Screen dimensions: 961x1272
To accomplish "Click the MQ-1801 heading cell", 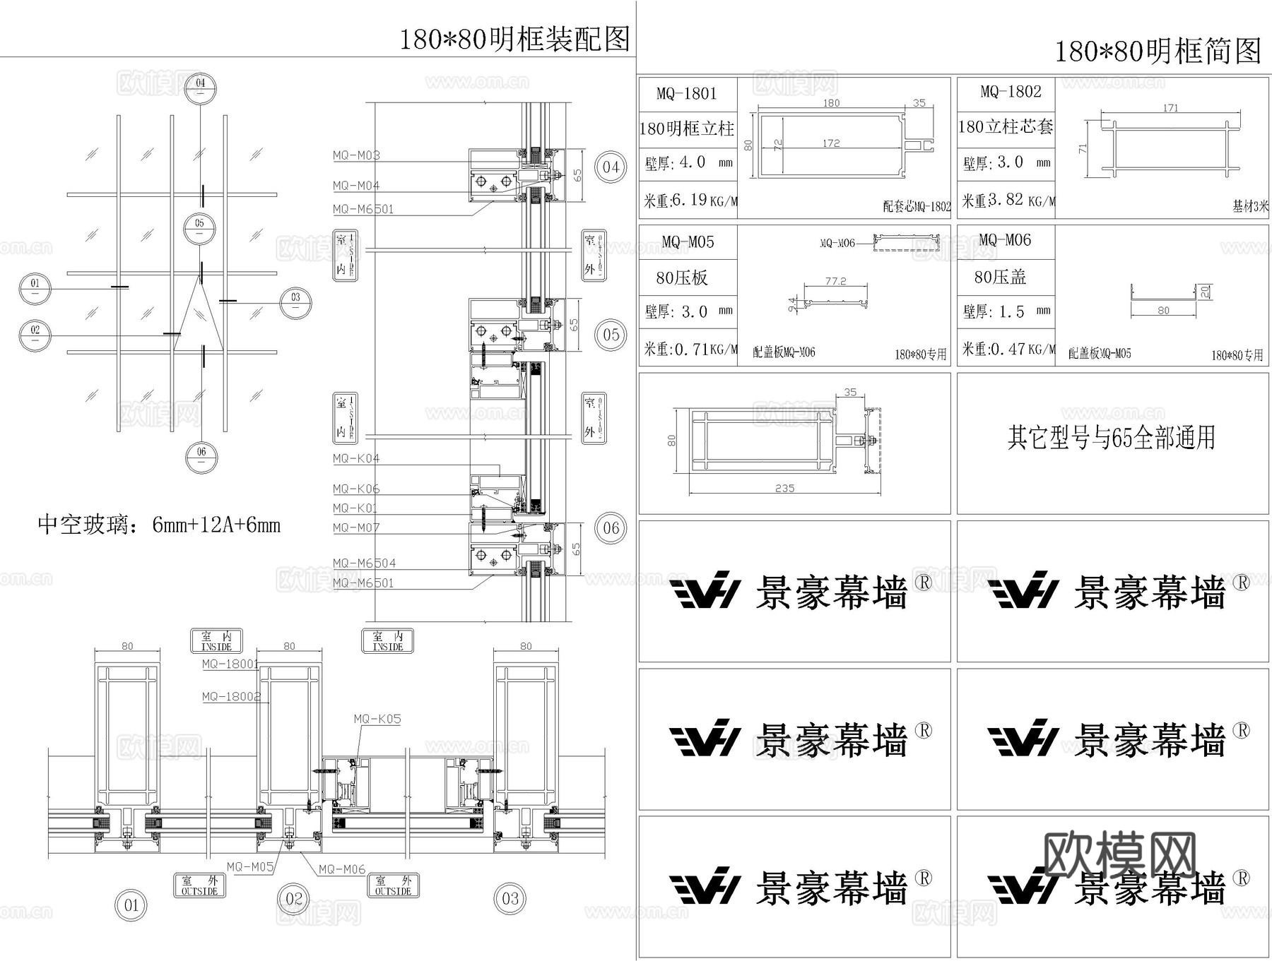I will click(687, 94).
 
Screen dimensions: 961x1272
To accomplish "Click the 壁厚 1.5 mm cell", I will click(1006, 311).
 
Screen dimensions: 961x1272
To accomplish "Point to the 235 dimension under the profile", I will click(784, 489).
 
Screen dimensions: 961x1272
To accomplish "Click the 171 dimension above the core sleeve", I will click(1170, 108).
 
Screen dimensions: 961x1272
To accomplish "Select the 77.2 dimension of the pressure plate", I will click(835, 281).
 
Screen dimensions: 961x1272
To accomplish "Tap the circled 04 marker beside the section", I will click(611, 167).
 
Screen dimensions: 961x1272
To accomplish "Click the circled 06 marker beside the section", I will click(611, 527).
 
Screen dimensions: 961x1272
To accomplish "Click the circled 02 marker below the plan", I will click(294, 899).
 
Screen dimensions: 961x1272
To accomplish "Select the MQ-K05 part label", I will click(377, 719).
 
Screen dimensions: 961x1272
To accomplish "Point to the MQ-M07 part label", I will click(356, 527).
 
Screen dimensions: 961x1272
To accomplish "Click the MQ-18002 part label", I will click(231, 696).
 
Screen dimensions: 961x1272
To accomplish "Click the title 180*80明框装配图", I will click(514, 39).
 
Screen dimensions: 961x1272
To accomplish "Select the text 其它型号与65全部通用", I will click(1112, 438).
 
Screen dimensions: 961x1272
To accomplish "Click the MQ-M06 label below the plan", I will click(342, 869).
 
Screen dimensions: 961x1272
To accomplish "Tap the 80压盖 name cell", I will click(1000, 277).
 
